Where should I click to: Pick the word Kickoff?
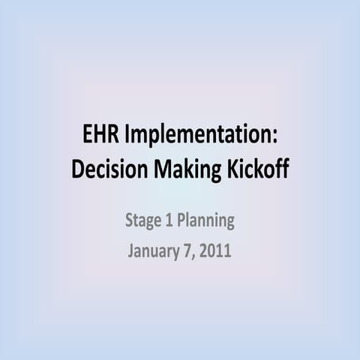tap(256, 169)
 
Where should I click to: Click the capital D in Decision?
tap(77, 169)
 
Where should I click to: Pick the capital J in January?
tap(131, 250)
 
